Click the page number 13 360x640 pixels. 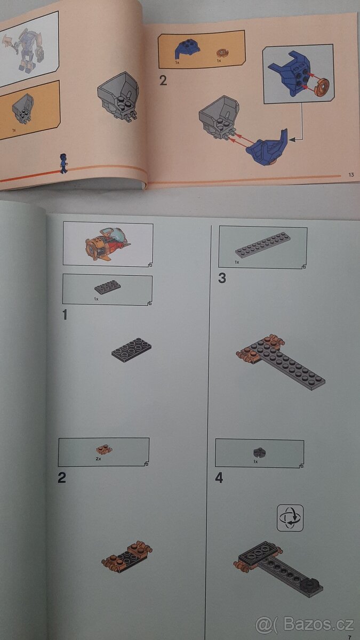click(x=351, y=174)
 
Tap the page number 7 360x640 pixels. click(x=349, y=637)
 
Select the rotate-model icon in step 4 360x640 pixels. click(x=290, y=518)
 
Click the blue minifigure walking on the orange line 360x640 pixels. click(x=63, y=163)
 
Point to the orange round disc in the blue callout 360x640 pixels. click(x=321, y=86)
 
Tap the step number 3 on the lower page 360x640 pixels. click(x=222, y=278)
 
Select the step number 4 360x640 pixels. click(x=219, y=477)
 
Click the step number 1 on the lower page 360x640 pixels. click(x=65, y=315)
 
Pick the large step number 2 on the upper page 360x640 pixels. click(x=163, y=81)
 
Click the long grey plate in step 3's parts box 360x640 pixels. click(x=263, y=243)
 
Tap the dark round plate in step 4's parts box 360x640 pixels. click(x=260, y=452)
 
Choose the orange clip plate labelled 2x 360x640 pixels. click(x=104, y=450)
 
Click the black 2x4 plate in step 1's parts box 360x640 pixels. click(x=107, y=287)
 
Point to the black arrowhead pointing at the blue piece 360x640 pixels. click(x=292, y=140)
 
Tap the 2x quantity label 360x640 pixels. click(x=98, y=459)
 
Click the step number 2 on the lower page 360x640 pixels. click(x=62, y=478)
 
